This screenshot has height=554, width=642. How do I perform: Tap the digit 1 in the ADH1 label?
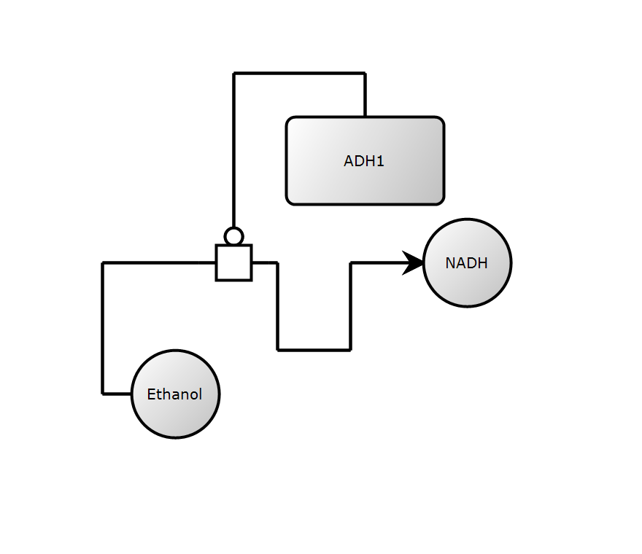(x=380, y=161)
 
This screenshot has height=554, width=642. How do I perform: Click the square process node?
(x=233, y=262)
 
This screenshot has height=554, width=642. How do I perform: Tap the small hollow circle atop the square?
(x=233, y=236)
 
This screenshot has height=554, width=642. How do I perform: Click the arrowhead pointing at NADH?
(x=414, y=262)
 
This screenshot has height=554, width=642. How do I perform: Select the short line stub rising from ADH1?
(x=365, y=95)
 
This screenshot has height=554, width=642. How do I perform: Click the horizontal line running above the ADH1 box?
(x=299, y=73)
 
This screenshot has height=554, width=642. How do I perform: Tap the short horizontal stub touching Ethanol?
(x=117, y=394)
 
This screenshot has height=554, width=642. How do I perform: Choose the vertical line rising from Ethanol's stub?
(x=103, y=328)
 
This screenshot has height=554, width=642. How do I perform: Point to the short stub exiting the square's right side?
(x=264, y=262)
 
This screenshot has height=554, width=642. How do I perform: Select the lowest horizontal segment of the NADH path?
(x=314, y=350)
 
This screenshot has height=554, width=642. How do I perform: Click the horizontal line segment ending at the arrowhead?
(x=376, y=262)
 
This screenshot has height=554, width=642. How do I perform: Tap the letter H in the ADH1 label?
(x=368, y=161)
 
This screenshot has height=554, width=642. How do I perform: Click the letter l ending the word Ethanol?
(x=200, y=394)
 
